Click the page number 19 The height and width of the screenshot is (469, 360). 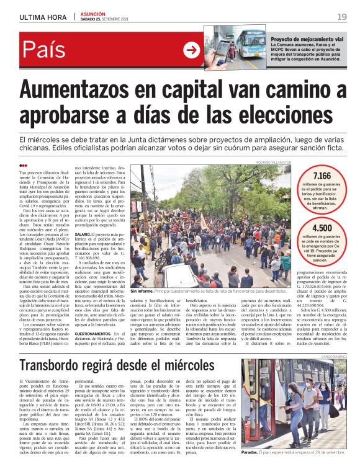click(x=342, y=16)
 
